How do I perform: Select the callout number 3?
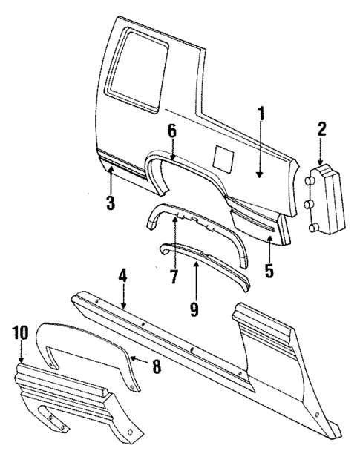click(x=110, y=203)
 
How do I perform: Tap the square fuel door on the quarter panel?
click(x=223, y=157)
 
